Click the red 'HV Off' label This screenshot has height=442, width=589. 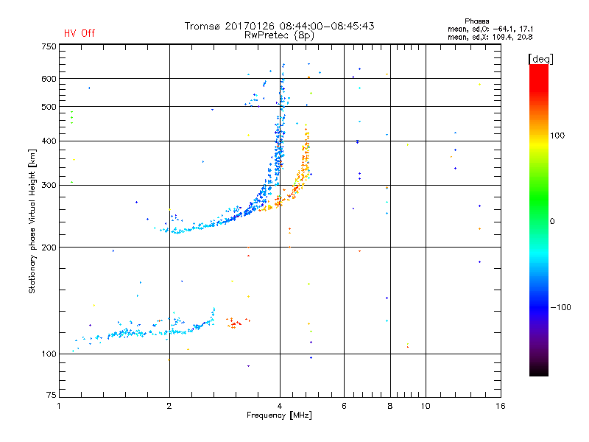(79, 33)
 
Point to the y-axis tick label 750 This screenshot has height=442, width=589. (49, 46)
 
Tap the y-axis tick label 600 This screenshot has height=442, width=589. (49, 79)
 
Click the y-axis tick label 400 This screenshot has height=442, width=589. (49, 141)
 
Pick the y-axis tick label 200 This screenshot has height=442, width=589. (49, 247)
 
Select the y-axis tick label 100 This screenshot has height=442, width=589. (49, 354)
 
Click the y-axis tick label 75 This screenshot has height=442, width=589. (51, 398)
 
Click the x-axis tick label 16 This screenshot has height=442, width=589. (501, 407)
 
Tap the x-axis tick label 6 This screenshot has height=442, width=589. (344, 407)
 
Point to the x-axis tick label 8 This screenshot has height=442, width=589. (390, 407)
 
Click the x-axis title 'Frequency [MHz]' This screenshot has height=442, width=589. (279, 416)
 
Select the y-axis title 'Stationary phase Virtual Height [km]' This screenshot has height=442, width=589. (32, 222)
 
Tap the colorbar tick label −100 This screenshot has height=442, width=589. (562, 306)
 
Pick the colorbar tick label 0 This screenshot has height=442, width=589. (553, 221)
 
